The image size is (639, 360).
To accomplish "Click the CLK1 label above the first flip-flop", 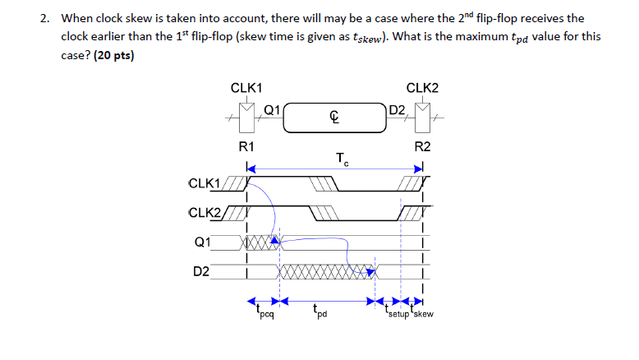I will coord(246,87).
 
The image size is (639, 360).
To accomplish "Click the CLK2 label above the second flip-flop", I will coord(422,87).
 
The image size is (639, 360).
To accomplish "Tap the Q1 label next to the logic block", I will coord(273,108).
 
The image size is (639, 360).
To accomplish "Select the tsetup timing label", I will coord(396,313).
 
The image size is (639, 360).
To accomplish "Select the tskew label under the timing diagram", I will coord(421,313).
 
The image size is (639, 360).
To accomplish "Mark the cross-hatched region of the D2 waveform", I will coord(320,270).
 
